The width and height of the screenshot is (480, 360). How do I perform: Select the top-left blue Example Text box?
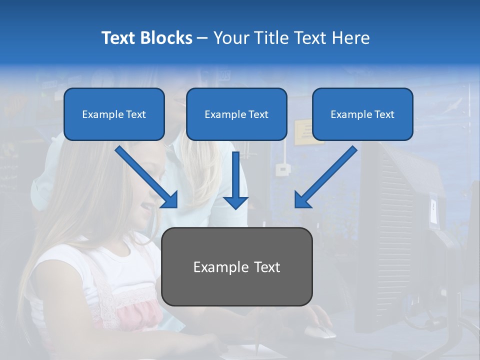(x=114, y=114)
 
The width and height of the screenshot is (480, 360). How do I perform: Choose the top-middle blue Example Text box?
(x=236, y=114)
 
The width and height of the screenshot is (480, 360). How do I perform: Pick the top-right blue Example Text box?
(x=362, y=114)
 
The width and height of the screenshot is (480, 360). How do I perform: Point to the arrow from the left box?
(x=148, y=178)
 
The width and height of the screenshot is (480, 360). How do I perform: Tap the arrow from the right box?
(x=325, y=178)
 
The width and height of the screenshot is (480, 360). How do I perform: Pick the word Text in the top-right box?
(x=384, y=114)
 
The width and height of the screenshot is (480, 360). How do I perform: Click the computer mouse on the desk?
(x=320, y=331)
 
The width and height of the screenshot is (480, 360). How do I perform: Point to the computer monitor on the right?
(x=400, y=235)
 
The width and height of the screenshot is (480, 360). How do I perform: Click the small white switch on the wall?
(x=283, y=169)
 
